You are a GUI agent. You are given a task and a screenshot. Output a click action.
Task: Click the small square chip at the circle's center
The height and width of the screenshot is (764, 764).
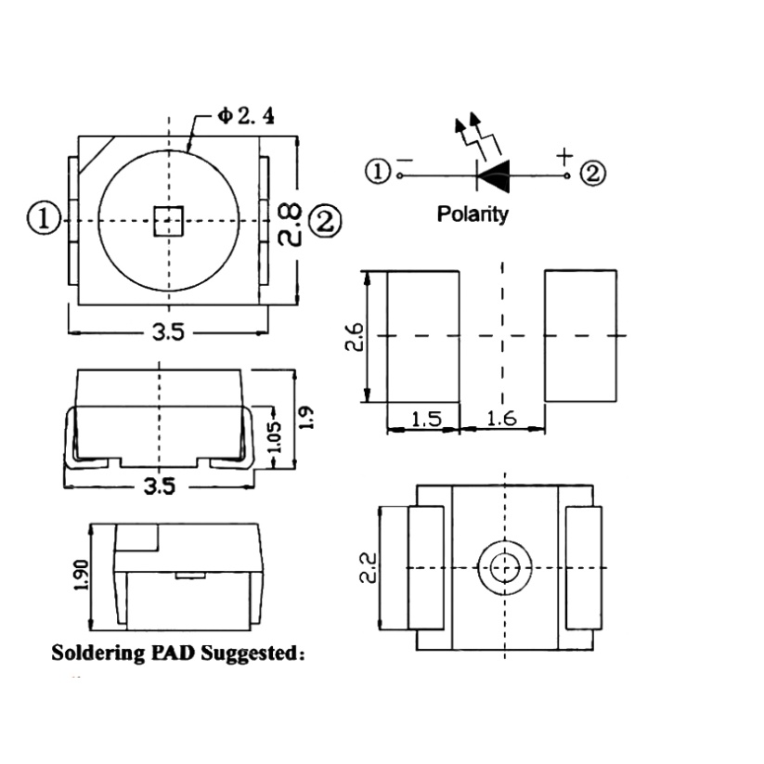[x=168, y=221]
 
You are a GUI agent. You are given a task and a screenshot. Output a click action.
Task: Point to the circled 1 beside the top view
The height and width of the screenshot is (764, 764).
[x=44, y=219]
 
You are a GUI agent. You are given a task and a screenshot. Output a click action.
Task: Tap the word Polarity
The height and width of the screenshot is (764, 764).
[x=473, y=214]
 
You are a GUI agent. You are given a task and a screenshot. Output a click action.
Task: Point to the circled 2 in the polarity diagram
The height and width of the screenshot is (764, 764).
[x=593, y=173]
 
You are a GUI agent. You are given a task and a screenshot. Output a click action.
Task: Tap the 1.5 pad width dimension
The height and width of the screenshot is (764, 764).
[x=424, y=419]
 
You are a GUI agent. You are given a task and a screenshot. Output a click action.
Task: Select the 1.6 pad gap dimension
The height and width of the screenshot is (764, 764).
[x=501, y=419]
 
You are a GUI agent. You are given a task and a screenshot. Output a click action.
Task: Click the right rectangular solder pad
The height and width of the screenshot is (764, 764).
[x=581, y=336]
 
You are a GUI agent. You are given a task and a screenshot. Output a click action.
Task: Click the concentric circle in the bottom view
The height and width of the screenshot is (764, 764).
[x=505, y=566]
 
